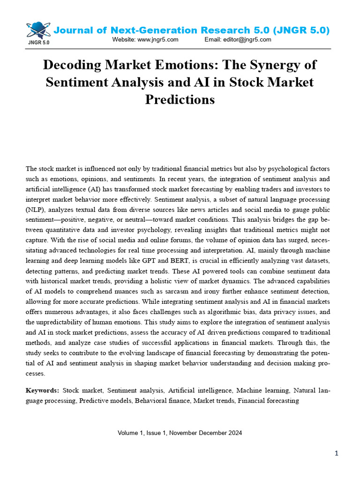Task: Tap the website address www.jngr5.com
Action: point(158,40)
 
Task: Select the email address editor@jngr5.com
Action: point(248,40)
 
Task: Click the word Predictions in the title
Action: point(180,99)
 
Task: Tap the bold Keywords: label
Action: point(43,390)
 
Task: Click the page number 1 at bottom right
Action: point(337,453)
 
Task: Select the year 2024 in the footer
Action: point(234,433)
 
